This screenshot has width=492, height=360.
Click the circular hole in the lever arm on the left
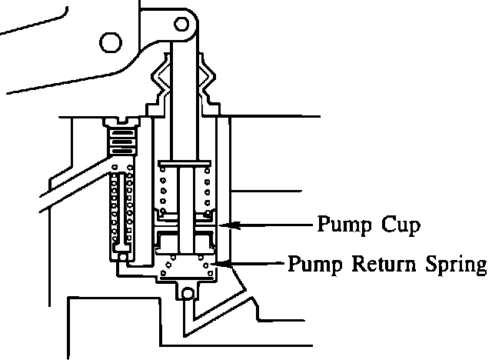[x=109, y=41]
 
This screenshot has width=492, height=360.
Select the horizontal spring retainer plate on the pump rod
[x=184, y=164]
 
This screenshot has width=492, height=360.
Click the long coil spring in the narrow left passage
[x=120, y=208]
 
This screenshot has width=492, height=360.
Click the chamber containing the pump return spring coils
[x=184, y=265]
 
